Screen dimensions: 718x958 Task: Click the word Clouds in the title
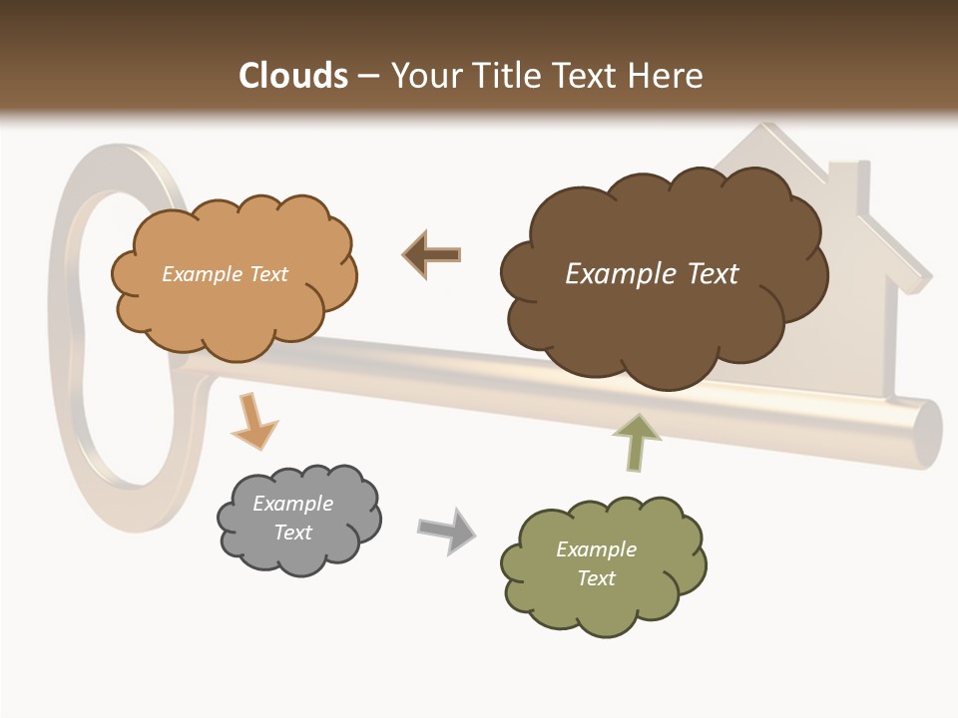click(x=294, y=76)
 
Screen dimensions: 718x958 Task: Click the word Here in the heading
click(x=667, y=76)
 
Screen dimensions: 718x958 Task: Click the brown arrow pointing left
click(x=432, y=255)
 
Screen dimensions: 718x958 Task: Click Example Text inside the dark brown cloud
click(x=652, y=274)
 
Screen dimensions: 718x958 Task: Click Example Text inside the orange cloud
click(x=225, y=274)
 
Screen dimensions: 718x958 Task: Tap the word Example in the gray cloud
click(x=292, y=504)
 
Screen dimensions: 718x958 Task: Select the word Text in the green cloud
click(x=596, y=578)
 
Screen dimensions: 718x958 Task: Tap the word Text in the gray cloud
click(x=292, y=533)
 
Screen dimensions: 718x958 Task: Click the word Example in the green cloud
click(x=596, y=549)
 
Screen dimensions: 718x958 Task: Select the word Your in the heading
click(x=425, y=76)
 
